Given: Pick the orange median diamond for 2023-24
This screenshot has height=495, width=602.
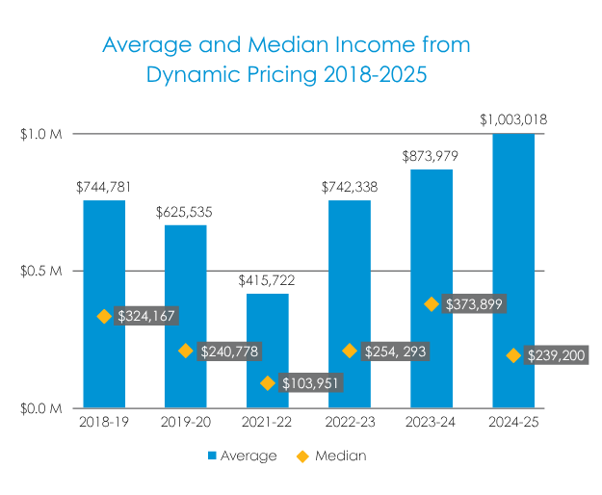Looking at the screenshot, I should coord(432,304).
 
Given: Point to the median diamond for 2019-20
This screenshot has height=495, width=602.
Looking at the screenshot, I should coord(186,352).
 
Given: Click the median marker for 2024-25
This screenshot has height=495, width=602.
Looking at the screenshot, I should coord(513,355).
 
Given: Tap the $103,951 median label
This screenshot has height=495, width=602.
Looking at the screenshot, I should coord(311,383).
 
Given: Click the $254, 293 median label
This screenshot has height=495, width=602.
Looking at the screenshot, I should coord(395,352).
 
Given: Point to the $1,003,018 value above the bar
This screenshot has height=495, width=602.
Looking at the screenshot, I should coord(513,119).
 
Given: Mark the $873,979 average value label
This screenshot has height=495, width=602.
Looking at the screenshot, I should coord(432,155).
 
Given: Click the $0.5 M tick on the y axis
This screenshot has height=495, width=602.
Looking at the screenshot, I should coord(41,271).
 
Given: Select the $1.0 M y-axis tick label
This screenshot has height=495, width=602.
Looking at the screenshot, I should coord(41,134).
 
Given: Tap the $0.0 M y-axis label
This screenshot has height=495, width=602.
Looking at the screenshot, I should coord(41,408).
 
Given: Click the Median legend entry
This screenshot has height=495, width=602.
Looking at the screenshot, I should coord(338,456).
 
